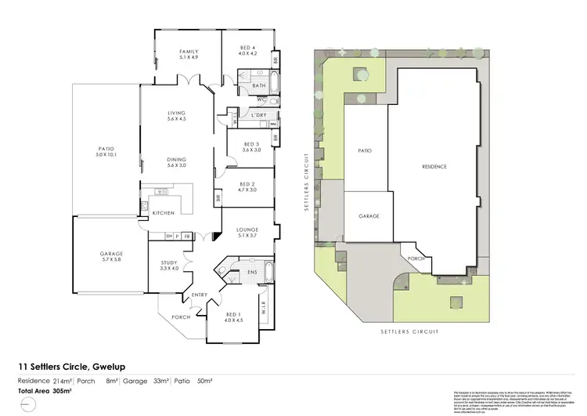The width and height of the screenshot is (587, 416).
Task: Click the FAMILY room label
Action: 189,51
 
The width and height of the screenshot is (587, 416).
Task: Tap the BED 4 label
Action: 248,49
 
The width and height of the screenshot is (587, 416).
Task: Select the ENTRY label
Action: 200,295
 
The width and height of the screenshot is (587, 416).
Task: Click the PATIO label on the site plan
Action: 364,150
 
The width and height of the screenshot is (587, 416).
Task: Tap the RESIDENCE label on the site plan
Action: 435,167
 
